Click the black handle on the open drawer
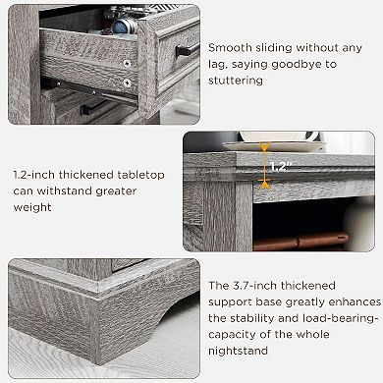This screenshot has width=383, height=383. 187,50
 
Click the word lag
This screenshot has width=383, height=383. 220,63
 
